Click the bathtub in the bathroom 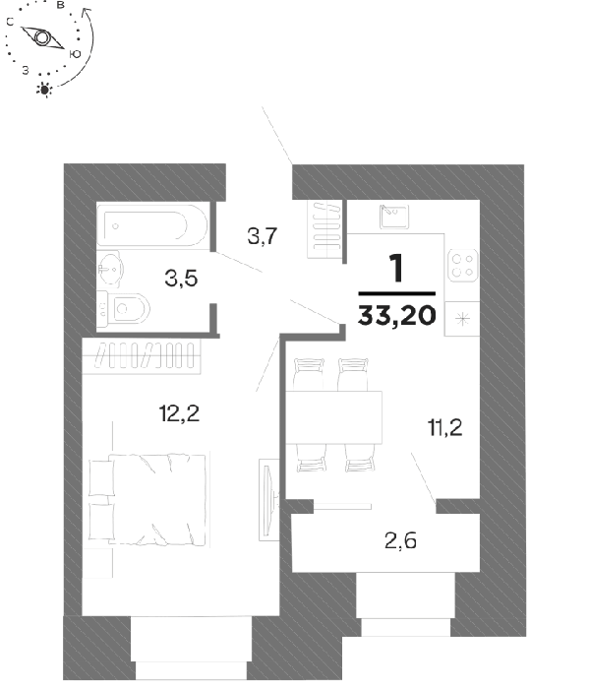coord(151,225)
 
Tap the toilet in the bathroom coord(124,309)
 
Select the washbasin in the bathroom coord(110,269)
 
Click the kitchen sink coord(394,217)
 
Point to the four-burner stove coord(463,266)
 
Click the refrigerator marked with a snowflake coord(462,319)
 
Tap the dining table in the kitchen coord(333,417)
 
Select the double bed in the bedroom coord(147,500)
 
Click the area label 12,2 coord(179,413)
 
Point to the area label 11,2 coord(444,427)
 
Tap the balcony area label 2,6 coord(400,540)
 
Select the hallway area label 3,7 coord(263,236)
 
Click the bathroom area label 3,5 coord(181,279)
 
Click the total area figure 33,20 coord(397,315)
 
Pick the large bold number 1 coord(397,268)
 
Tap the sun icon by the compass coord(44,90)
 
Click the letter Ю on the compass coord(75,54)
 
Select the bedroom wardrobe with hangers coord(142,355)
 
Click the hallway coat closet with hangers coord(324,229)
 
